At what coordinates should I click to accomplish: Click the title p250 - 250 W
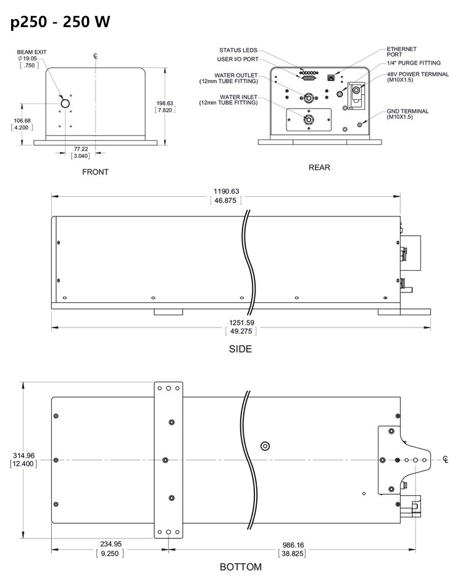coord(60,22)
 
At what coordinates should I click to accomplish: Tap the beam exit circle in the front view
coord(65,104)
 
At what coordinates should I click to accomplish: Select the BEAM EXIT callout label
coord(31,52)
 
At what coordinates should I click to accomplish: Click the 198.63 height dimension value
coord(165,103)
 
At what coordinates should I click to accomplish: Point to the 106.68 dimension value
coord(22,121)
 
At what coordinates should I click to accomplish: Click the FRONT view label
coord(95,172)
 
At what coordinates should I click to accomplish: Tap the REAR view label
coord(319,167)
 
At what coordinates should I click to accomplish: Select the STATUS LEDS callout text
coord(238,50)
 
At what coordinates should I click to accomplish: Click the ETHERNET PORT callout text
coord(401,51)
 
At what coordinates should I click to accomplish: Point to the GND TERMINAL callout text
coord(415,112)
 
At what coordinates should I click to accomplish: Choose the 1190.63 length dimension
coord(226,191)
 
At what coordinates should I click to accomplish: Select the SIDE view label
coord(240,348)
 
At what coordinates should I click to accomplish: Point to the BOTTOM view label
coord(240,567)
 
